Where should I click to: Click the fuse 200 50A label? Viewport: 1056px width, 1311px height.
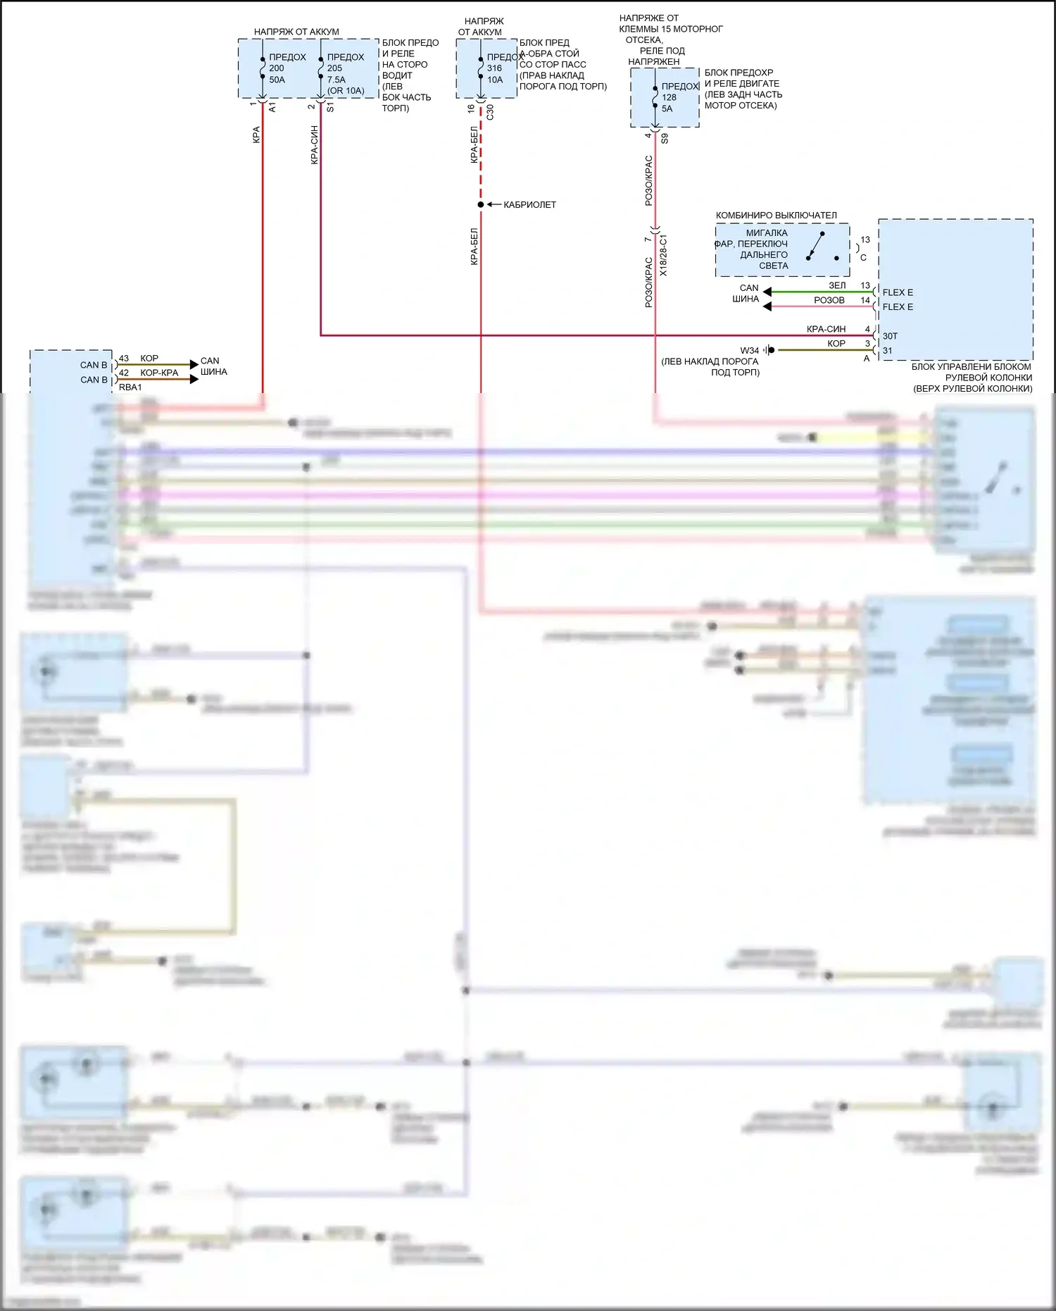277,68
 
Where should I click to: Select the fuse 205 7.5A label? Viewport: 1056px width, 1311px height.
337,68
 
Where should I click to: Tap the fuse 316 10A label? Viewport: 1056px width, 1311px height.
495,68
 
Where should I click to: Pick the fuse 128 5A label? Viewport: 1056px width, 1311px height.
668,97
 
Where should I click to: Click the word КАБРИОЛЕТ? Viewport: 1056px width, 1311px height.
529,205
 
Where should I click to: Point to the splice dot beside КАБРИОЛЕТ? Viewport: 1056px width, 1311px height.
481,205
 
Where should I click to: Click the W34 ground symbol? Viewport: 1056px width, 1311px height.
770,350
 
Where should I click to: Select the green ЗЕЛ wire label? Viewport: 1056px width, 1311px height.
837,285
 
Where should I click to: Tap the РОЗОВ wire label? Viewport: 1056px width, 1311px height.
829,300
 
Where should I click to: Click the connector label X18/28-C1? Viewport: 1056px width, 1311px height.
664,255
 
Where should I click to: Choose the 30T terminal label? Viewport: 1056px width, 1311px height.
890,336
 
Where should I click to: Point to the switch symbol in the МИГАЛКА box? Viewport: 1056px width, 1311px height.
816,245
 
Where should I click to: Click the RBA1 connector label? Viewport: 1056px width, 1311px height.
130,387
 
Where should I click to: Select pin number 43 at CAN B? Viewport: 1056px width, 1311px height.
124,359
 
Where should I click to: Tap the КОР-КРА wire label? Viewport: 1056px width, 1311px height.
159,373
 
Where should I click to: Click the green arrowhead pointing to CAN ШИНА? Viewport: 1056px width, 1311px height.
767,292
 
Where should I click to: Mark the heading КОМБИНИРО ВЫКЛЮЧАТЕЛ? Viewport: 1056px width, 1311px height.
776,216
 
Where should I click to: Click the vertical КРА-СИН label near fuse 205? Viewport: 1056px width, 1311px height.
315,145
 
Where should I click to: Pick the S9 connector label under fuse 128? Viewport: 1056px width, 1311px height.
665,139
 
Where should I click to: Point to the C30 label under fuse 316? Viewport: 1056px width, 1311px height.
490,112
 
